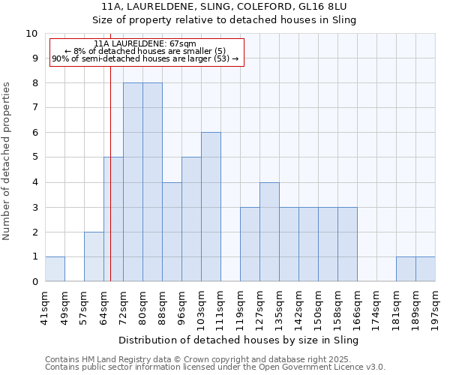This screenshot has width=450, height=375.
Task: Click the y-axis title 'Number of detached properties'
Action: point(7,162)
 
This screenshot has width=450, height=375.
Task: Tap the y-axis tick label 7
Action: point(34,108)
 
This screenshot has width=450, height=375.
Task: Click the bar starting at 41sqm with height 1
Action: point(55,269)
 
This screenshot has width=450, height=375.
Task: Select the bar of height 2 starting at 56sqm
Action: point(94,256)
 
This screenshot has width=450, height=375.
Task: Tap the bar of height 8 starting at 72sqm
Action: point(133,182)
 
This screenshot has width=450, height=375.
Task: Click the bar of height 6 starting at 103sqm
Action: point(211,207)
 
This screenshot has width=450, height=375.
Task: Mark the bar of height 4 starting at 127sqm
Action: point(269,232)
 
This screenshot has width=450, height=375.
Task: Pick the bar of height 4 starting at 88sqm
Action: point(172,232)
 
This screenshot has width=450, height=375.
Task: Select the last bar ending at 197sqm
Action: point(425,269)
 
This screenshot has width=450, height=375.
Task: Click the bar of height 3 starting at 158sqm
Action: point(347,244)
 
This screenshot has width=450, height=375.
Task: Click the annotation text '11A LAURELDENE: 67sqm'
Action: point(146,44)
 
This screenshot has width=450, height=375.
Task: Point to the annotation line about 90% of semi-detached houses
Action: point(145,58)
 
